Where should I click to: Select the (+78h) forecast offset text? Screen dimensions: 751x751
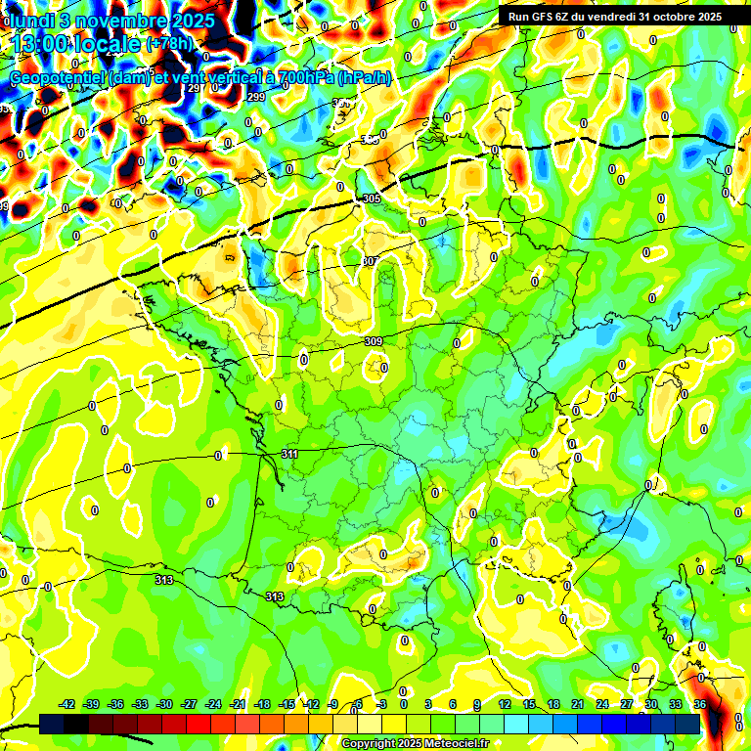pos(169,44)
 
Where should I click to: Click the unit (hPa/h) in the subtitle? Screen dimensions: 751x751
pos(364,78)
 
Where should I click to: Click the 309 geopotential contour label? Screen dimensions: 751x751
pos(373,341)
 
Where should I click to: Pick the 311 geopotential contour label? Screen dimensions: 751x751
pos(289,455)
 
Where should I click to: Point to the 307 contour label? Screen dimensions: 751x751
pos(369,261)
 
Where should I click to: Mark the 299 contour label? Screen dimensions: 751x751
pos(256,97)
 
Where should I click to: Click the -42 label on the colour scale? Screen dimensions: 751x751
pos(66,704)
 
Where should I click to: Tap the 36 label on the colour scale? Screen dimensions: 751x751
pos(700,704)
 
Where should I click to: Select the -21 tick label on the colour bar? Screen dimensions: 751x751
pos(238,704)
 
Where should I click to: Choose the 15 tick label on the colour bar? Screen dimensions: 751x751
pos(529,704)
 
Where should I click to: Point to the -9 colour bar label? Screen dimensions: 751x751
pos(332,704)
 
